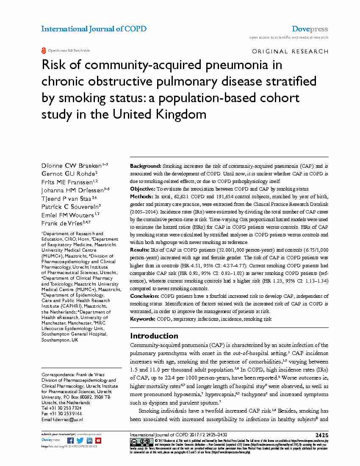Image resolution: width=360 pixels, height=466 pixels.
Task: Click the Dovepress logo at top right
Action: click(310, 29)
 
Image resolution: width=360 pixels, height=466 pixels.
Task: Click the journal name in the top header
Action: click(94, 29)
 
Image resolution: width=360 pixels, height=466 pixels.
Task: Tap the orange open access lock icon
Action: click(43, 50)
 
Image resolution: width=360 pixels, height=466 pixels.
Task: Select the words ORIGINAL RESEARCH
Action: click(290, 51)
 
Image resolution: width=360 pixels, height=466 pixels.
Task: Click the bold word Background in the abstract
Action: click(145, 166)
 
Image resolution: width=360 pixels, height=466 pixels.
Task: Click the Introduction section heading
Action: click(154, 336)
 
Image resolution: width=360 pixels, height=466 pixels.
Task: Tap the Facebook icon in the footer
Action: click(71, 440)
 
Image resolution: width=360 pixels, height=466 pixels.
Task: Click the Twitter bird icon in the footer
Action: click(80, 440)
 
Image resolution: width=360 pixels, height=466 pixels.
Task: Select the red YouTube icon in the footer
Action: click(98, 440)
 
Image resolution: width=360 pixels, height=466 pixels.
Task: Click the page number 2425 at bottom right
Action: click(321, 435)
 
